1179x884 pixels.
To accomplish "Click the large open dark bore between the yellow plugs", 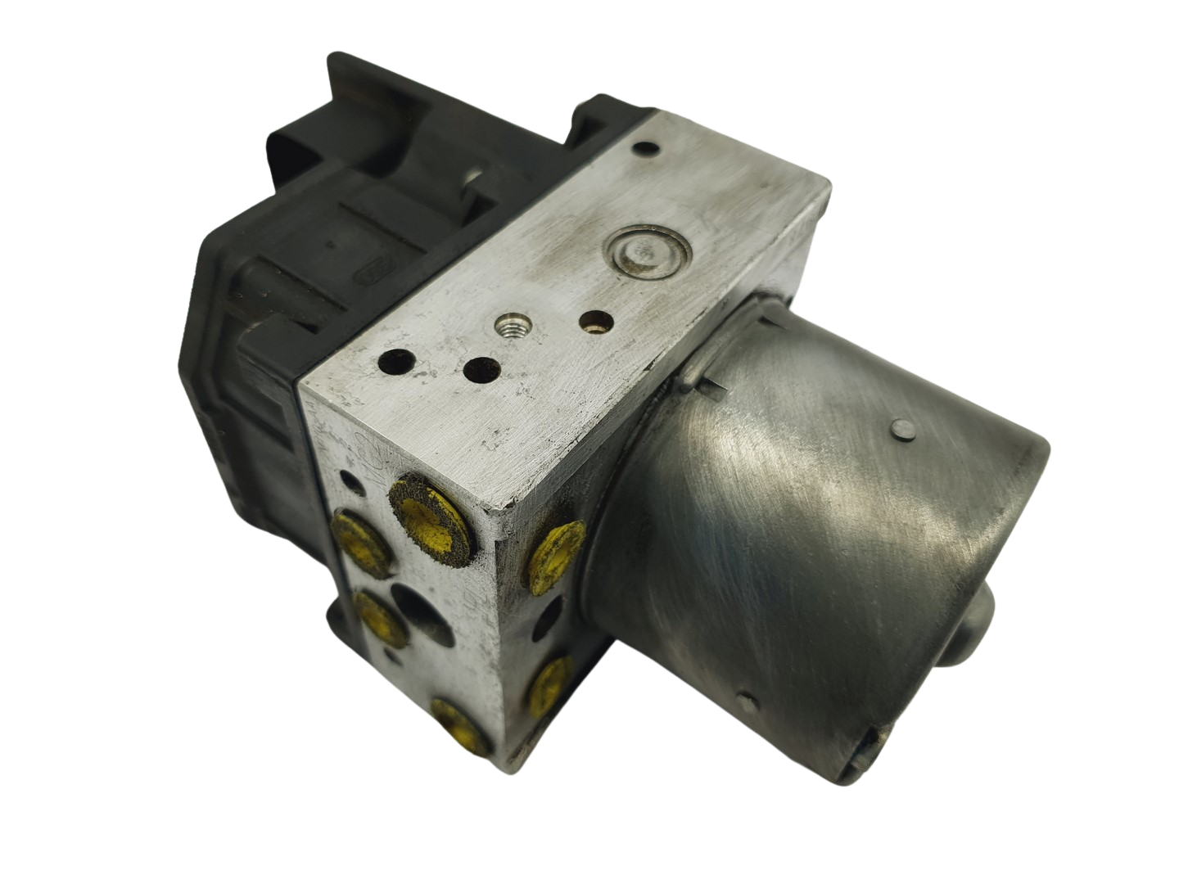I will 417,610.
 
